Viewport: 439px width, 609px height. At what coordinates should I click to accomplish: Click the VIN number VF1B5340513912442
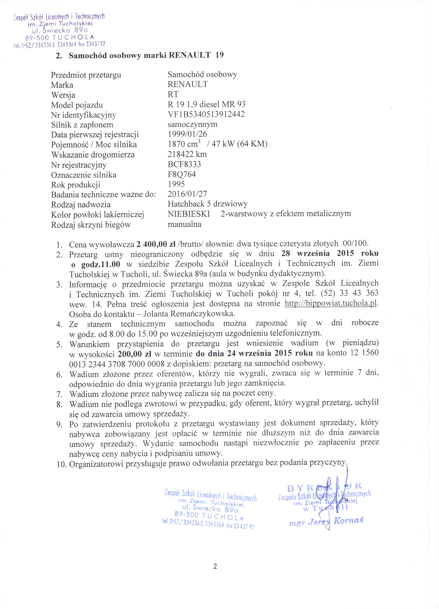(x=206, y=114)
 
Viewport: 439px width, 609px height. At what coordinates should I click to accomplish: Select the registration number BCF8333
(x=184, y=164)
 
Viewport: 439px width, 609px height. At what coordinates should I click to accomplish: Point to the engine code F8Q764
(x=182, y=174)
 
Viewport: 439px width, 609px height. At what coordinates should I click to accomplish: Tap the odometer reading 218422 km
(x=187, y=154)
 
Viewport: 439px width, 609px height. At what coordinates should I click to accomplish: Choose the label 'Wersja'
(x=63, y=95)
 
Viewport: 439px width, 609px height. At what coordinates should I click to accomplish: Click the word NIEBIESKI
(x=189, y=214)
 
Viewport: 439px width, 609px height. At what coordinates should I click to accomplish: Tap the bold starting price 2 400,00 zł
(x=156, y=244)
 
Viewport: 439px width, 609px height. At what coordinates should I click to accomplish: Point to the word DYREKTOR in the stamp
(x=324, y=486)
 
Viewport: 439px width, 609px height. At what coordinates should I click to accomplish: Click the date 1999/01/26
(x=187, y=134)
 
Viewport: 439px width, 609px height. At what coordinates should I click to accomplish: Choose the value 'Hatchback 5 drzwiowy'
(x=208, y=204)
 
